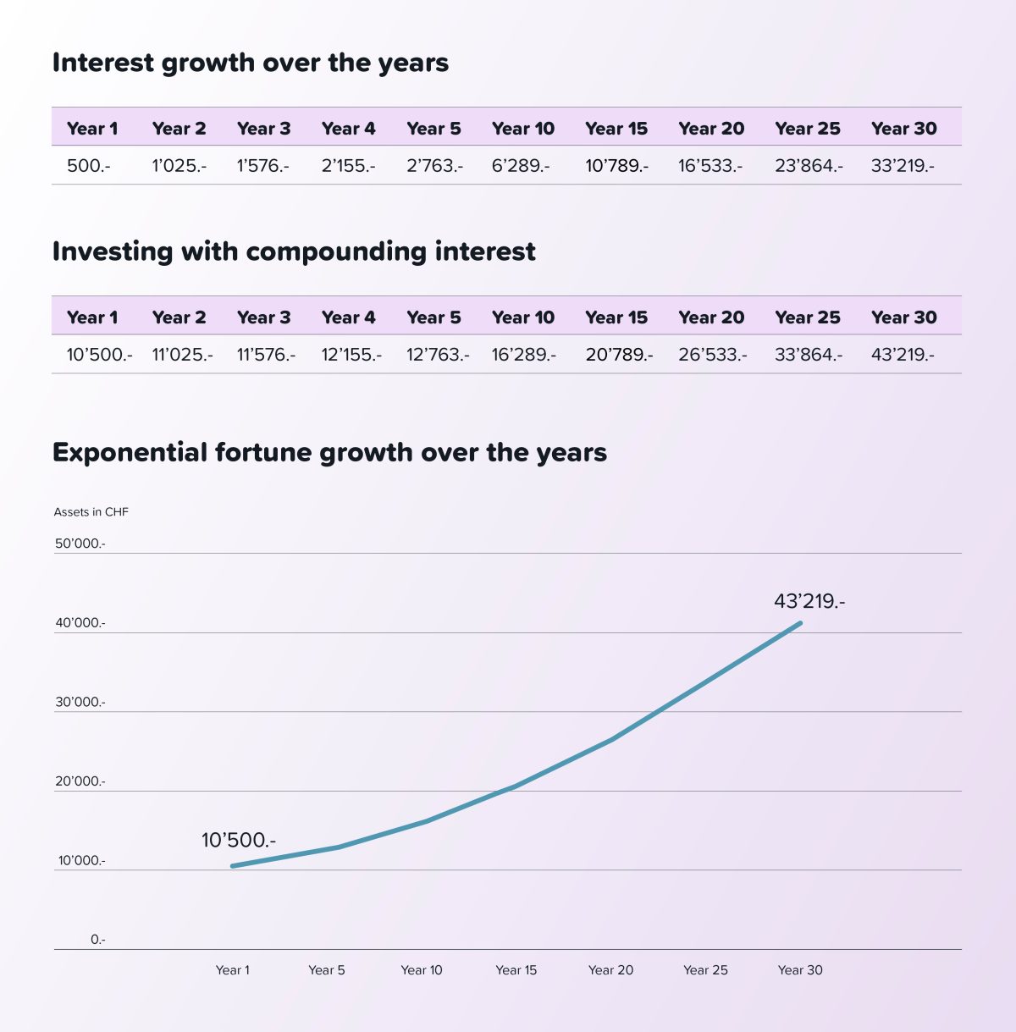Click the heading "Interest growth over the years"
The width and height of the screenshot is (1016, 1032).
251,63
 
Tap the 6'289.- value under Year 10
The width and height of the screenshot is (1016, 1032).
520,166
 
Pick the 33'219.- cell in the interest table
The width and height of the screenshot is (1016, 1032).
902,166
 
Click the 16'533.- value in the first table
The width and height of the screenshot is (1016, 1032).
710,166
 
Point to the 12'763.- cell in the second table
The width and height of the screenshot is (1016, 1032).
437,355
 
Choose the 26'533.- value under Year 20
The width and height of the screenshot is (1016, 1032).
712,355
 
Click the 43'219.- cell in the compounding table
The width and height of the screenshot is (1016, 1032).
902,355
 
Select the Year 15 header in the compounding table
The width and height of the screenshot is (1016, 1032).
616,317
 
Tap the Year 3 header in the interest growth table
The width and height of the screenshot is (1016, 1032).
263,129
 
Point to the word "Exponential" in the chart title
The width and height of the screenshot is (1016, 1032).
130,453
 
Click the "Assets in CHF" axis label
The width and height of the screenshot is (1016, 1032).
91,512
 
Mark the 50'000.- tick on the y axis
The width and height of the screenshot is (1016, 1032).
80,544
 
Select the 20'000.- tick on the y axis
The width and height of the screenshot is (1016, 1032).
80,781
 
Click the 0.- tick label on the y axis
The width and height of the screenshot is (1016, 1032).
98,940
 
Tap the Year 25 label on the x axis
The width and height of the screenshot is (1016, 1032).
705,970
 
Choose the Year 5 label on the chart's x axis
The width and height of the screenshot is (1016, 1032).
326,970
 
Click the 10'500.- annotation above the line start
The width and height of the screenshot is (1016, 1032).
238,841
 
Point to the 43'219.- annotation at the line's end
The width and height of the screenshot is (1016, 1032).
809,602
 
